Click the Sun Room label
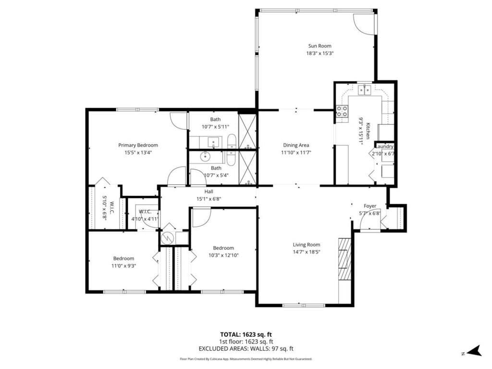click(320, 46)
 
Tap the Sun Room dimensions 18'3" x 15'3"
click(320, 53)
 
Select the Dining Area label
click(295, 145)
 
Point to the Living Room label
click(307, 245)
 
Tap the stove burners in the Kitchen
click(342, 111)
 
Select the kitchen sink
click(365, 89)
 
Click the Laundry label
click(384, 147)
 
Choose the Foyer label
click(370, 206)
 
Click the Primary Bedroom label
click(138, 145)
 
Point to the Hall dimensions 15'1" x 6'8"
click(209, 198)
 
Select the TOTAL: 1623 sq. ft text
click(246, 334)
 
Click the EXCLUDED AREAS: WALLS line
click(246, 349)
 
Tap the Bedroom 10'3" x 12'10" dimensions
click(223, 255)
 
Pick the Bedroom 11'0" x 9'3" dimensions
click(123, 265)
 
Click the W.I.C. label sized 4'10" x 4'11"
click(145, 211)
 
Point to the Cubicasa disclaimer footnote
click(246, 359)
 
